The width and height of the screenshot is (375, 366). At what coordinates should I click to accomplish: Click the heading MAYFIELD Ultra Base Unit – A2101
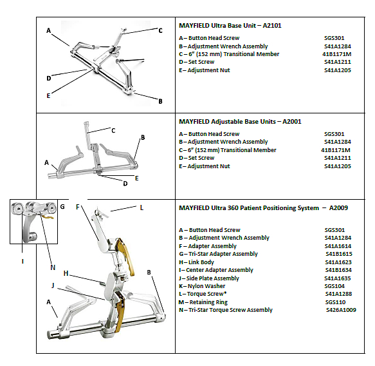[230, 25]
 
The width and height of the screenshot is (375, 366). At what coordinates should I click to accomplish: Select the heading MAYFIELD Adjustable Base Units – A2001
[240, 121]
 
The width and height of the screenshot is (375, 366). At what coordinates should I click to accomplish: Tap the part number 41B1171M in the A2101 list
[337, 54]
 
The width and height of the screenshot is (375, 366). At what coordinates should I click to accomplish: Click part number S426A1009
[341, 310]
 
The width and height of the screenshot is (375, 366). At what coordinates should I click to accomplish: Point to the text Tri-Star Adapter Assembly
[223, 254]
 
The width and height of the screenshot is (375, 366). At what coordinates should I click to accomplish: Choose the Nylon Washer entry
[202, 286]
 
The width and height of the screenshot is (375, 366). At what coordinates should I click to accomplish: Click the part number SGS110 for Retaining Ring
[335, 302]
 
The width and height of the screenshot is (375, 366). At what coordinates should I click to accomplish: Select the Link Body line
[196, 262]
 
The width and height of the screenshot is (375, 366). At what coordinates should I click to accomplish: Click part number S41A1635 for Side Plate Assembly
[338, 278]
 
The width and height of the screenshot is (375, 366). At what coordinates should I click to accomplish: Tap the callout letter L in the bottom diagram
[142, 207]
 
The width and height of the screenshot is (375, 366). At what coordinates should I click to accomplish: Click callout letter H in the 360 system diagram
[66, 273]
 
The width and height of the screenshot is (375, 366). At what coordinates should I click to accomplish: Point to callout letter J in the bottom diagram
[53, 285]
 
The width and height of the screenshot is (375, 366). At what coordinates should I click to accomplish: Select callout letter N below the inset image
[53, 267]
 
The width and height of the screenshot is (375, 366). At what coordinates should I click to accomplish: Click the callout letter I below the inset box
[23, 262]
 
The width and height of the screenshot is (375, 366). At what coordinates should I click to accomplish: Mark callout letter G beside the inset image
[62, 206]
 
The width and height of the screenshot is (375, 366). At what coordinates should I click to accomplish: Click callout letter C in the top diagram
[160, 31]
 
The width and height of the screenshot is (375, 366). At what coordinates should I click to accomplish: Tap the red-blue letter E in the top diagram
[48, 96]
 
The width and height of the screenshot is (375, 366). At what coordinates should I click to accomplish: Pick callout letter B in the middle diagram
[143, 137]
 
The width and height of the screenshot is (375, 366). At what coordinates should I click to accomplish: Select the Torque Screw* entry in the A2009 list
[203, 294]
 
